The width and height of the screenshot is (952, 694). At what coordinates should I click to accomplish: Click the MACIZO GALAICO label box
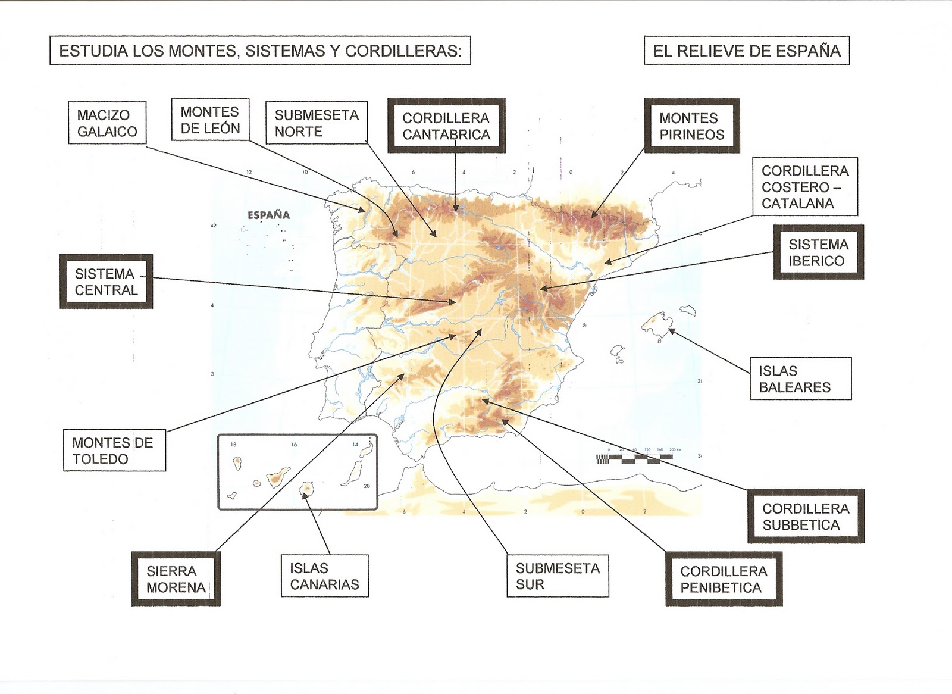click(x=107, y=123)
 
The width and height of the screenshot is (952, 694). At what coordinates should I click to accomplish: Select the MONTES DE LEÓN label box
click(x=210, y=120)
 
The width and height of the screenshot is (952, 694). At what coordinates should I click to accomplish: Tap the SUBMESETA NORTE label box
click(x=316, y=123)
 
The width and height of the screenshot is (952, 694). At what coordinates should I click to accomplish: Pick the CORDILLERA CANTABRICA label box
click(x=446, y=126)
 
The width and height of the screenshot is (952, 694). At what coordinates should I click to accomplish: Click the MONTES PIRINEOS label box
click(x=692, y=126)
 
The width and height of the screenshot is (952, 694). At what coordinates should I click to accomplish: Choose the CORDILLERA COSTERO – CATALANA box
click(x=805, y=187)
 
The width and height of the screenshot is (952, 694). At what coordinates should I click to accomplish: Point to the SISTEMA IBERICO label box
click(x=818, y=252)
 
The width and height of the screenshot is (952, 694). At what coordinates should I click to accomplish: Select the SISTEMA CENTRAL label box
click(x=106, y=282)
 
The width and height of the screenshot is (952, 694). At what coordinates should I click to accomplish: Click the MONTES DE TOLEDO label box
click(x=114, y=451)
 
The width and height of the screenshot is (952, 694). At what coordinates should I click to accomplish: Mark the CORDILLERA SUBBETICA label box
click(x=806, y=517)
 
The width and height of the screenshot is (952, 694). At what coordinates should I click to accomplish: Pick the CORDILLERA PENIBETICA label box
click(x=723, y=579)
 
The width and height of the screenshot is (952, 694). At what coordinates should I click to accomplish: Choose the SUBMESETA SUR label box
click(x=558, y=576)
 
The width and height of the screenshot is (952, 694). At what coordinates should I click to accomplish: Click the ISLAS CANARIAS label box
click(x=324, y=576)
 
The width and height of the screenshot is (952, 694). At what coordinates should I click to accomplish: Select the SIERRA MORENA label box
click(x=176, y=579)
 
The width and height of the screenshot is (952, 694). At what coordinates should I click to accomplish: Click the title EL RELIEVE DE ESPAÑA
click(x=747, y=51)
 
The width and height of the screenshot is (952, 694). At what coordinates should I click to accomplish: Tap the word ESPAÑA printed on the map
click(x=269, y=215)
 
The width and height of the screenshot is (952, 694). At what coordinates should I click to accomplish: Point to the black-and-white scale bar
click(x=634, y=458)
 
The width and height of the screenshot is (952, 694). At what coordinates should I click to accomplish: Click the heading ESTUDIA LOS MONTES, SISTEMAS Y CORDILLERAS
click(x=260, y=51)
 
